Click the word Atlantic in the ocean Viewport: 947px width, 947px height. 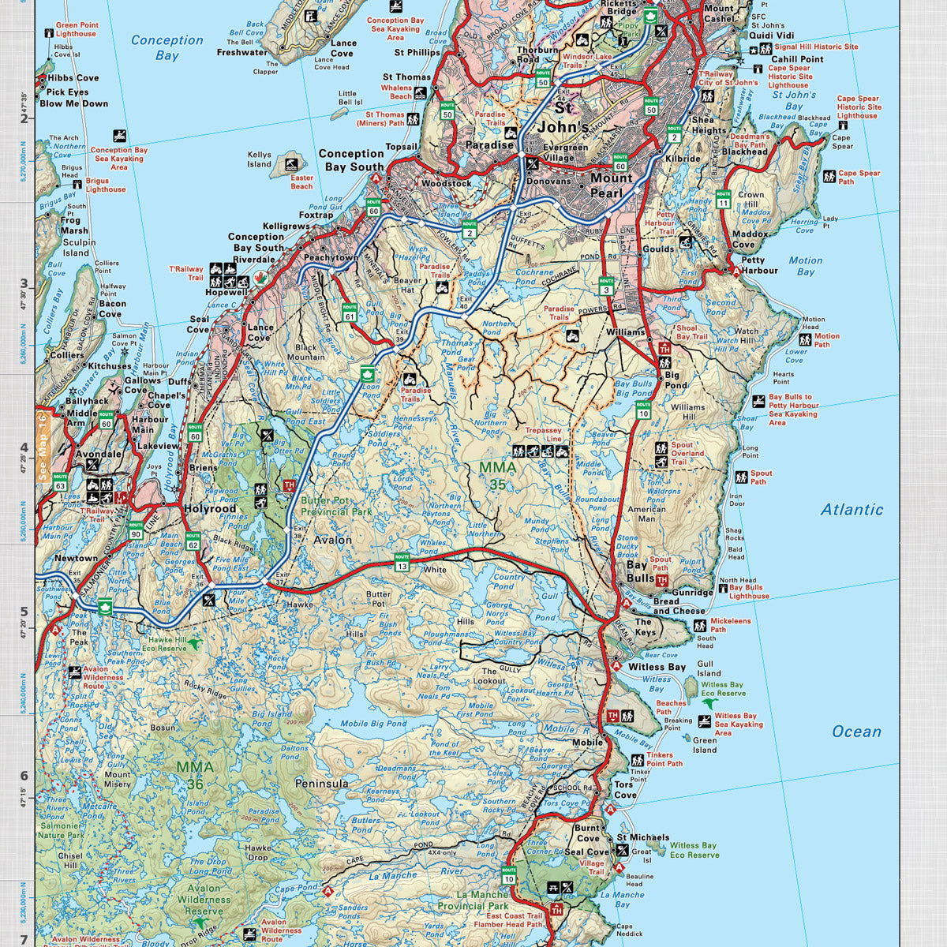click(x=852, y=510)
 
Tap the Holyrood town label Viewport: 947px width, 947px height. click(x=210, y=509)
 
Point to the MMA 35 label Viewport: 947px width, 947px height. click(x=497, y=475)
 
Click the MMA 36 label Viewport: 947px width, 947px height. click(x=194, y=774)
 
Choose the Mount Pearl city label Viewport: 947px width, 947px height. click(x=612, y=185)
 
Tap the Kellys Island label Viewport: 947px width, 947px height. click(x=259, y=160)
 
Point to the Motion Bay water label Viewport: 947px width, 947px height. click(x=805, y=266)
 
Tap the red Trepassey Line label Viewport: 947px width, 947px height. click(x=544, y=434)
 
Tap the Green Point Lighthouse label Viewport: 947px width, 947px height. click(x=76, y=30)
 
